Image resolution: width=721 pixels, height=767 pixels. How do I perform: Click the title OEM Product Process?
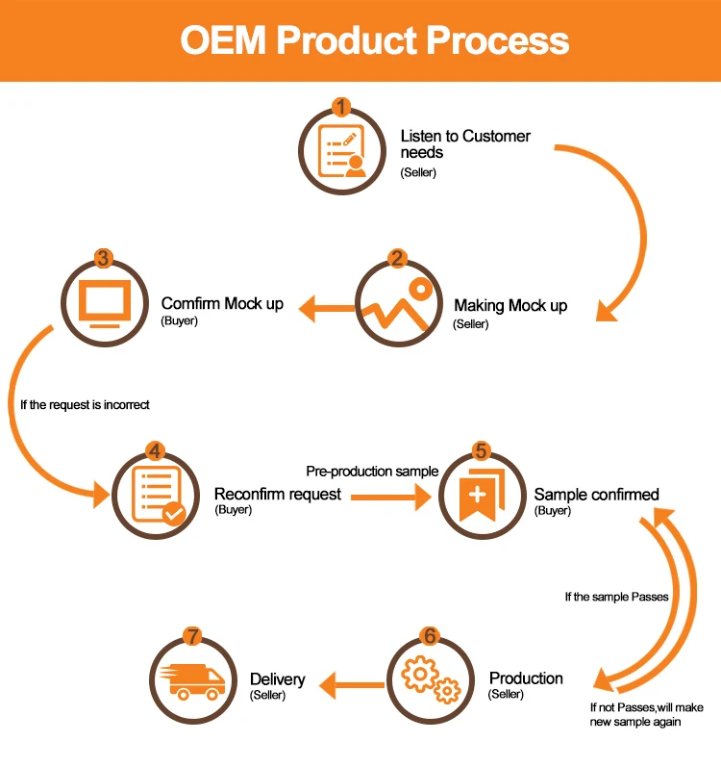tap(375, 40)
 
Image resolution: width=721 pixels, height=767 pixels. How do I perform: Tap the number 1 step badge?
tap(342, 107)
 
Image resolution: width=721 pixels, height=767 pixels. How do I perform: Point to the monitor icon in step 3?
tap(102, 305)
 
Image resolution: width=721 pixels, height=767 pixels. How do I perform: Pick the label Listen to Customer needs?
tap(465, 144)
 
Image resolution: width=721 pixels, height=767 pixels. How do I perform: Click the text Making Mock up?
tap(510, 306)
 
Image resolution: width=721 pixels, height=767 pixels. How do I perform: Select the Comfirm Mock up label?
tap(222, 304)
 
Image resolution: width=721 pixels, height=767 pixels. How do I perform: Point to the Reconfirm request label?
tap(277, 495)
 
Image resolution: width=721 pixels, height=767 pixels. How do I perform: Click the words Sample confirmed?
tap(597, 495)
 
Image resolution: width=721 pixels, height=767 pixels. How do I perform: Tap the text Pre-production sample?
tap(372, 472)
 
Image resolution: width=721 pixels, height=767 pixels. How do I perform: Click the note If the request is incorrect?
tap(85, 405)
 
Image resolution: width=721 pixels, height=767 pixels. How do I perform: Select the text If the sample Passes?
tap(615, 597)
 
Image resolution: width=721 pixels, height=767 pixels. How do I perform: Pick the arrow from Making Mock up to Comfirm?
tap(325, 309)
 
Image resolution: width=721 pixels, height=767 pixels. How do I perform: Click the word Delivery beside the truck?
tap(278, 679)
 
